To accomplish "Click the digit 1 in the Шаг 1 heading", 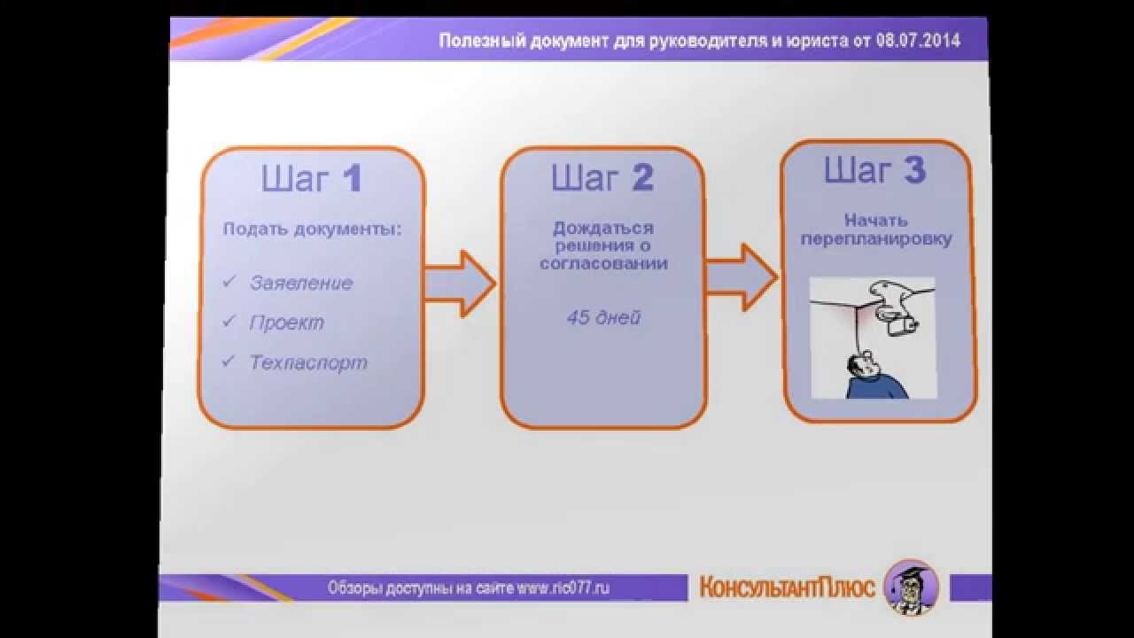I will click(353, 179).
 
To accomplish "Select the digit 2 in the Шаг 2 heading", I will click(642, 178).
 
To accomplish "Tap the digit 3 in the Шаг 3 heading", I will click(914, 171).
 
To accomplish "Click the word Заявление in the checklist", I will click(301, 284).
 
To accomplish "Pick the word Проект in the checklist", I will click(286, 323).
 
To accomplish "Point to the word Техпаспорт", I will click(308, 363).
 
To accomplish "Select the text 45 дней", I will click(603, 317).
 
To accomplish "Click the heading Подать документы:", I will click(312, 230).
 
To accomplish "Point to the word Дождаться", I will click(603, 229).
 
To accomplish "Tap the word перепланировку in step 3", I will click(876, 239).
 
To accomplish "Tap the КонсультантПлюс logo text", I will click(787, 587).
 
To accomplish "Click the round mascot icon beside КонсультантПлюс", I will click(911, 587).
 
